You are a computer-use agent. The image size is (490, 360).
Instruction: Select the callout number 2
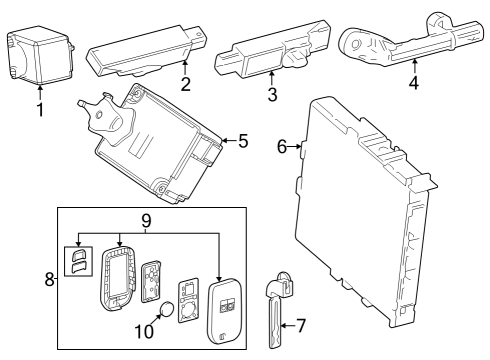point(183,85)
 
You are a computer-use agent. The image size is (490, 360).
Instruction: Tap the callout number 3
point(271,96)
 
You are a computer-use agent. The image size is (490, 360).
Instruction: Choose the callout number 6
point(282,147)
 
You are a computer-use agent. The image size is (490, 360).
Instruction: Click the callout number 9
point(145,220)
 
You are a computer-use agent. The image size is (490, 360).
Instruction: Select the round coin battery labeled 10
point(169,310)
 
